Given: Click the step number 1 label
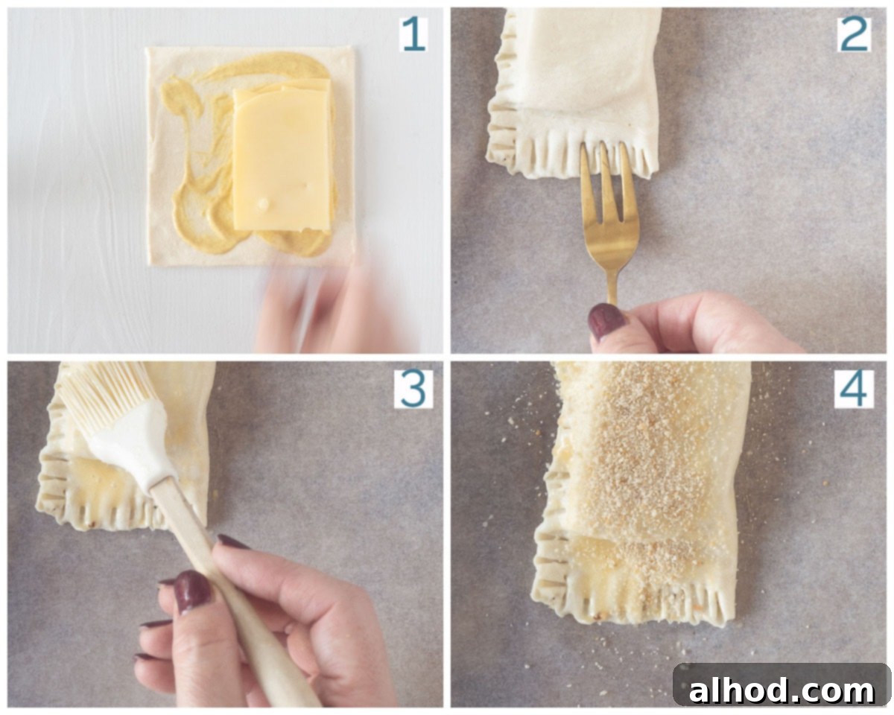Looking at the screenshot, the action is coord(413,35).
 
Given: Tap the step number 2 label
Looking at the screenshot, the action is coord(854,34).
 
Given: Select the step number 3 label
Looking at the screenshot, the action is coord(413,389).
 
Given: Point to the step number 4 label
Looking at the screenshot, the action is coord(855,389).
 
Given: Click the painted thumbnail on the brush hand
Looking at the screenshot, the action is coord(192,592).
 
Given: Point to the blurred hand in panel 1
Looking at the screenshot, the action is coord(332,308).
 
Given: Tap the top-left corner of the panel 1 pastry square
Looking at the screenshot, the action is coord(147,48).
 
